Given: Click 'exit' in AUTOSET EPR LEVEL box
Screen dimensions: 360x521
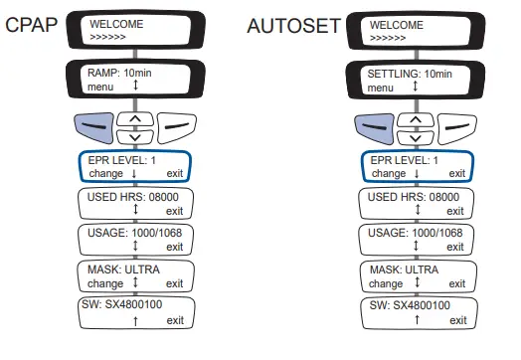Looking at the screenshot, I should coord(457,173).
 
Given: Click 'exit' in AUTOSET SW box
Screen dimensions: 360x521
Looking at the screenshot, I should coord(457,320).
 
